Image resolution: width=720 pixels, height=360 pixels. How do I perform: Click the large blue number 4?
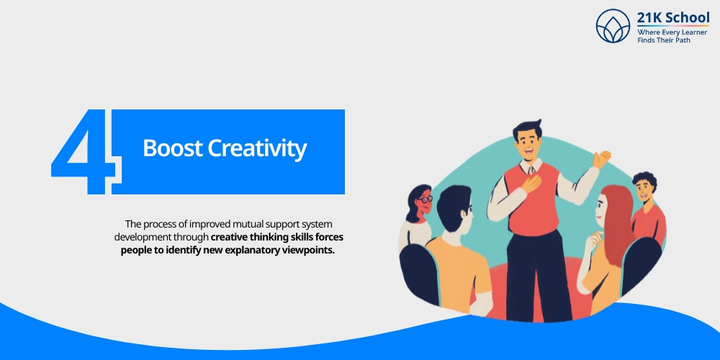[x=81, y=153]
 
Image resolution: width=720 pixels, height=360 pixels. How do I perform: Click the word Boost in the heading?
[x=172, y=149]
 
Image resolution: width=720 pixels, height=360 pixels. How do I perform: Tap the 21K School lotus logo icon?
[x=613, y=26]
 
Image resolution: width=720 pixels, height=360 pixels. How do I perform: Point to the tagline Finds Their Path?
[x=663, y=41]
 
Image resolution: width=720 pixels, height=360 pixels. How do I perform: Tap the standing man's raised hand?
[x=601, y=158]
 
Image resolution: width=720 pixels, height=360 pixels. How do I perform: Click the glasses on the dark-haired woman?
[x=425, y=198]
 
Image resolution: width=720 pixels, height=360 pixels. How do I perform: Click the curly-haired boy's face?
[x=643, y=190]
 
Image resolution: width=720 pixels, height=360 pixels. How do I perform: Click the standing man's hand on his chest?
[x=531, y=184]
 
